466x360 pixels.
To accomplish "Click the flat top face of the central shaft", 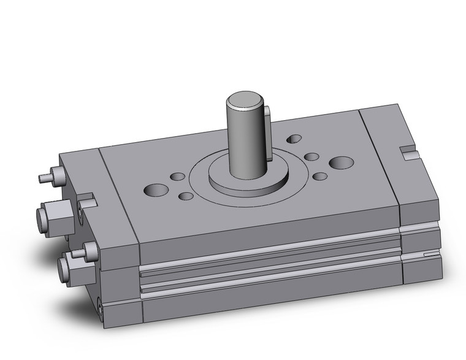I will pos(243,99).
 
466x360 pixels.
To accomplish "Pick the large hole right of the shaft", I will pos(341,163).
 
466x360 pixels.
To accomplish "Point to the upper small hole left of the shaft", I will pos(178,177).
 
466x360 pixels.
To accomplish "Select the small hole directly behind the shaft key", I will pos(294,139).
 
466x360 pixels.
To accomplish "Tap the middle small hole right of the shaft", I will pos(311,157).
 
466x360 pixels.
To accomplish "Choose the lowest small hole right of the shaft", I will pos(319,177).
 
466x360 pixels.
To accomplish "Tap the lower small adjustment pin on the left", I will pos(78,253).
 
